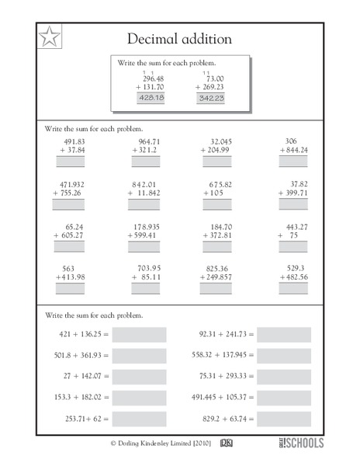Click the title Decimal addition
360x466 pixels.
(x=178, y=38)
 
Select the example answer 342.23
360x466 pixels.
(x=210, y=99)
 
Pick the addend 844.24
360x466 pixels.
(x=296, y=151)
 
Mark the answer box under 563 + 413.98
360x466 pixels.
(x=68, y=288)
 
